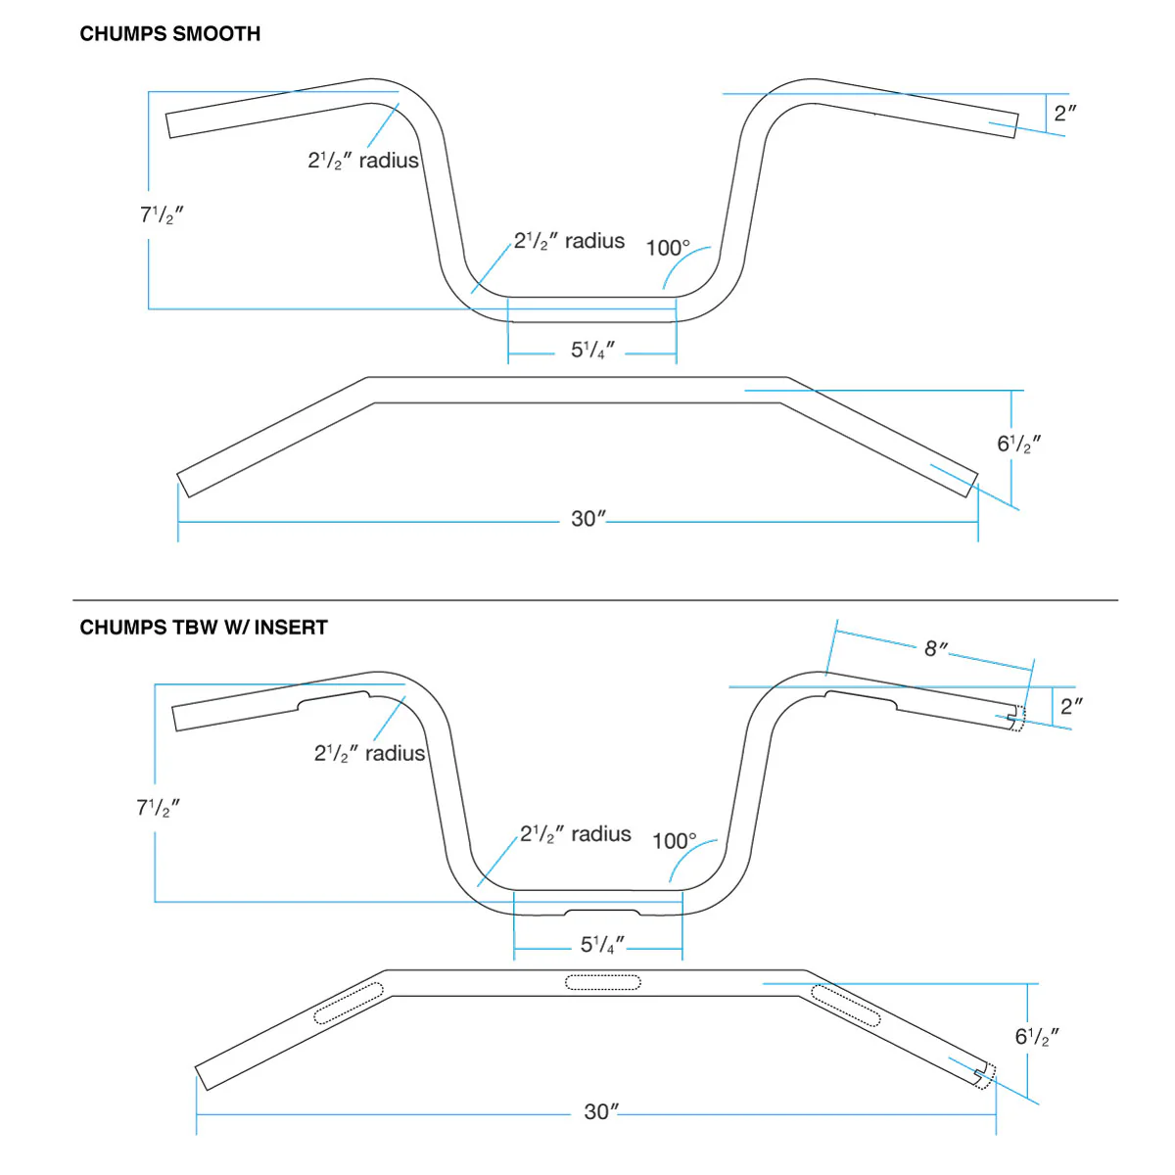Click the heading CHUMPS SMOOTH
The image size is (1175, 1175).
click(x=170, y=34)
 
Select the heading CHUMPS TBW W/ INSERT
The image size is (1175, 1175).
click(x=204, y=628)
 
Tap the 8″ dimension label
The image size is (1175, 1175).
click(x=936, y=648)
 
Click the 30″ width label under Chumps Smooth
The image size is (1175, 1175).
click(x=588, y=519)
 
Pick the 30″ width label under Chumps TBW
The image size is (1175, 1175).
click(x=601, y=1112)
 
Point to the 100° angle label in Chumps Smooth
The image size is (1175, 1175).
click(x=668, y=248)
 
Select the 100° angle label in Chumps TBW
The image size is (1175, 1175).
click(x=675, y=841)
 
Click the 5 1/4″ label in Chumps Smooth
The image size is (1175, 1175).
click(x=592, y=351)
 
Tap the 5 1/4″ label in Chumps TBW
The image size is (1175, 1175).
click(x=602, y=945)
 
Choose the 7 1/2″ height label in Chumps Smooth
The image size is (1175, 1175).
click(x=162, y=214)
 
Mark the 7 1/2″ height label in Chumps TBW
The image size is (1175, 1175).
click(x=159, y=808)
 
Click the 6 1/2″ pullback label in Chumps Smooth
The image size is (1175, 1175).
click(x=1018, y=444)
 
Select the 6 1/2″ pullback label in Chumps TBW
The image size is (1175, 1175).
click(x=1037, y=1036)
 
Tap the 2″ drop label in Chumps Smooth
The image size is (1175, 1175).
click(x=1064, y=113)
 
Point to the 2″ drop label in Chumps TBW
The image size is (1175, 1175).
click(x=1071, y=705)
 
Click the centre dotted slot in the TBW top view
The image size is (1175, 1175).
click(x=603, y=982)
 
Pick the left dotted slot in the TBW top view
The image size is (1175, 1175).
click(x=349, y=1004)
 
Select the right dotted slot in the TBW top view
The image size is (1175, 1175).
click(x=846, y=1005)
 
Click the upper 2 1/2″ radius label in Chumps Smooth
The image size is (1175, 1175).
click(x=363, y=161)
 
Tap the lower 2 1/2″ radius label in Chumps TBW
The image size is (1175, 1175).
click(x=576, y=834)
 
